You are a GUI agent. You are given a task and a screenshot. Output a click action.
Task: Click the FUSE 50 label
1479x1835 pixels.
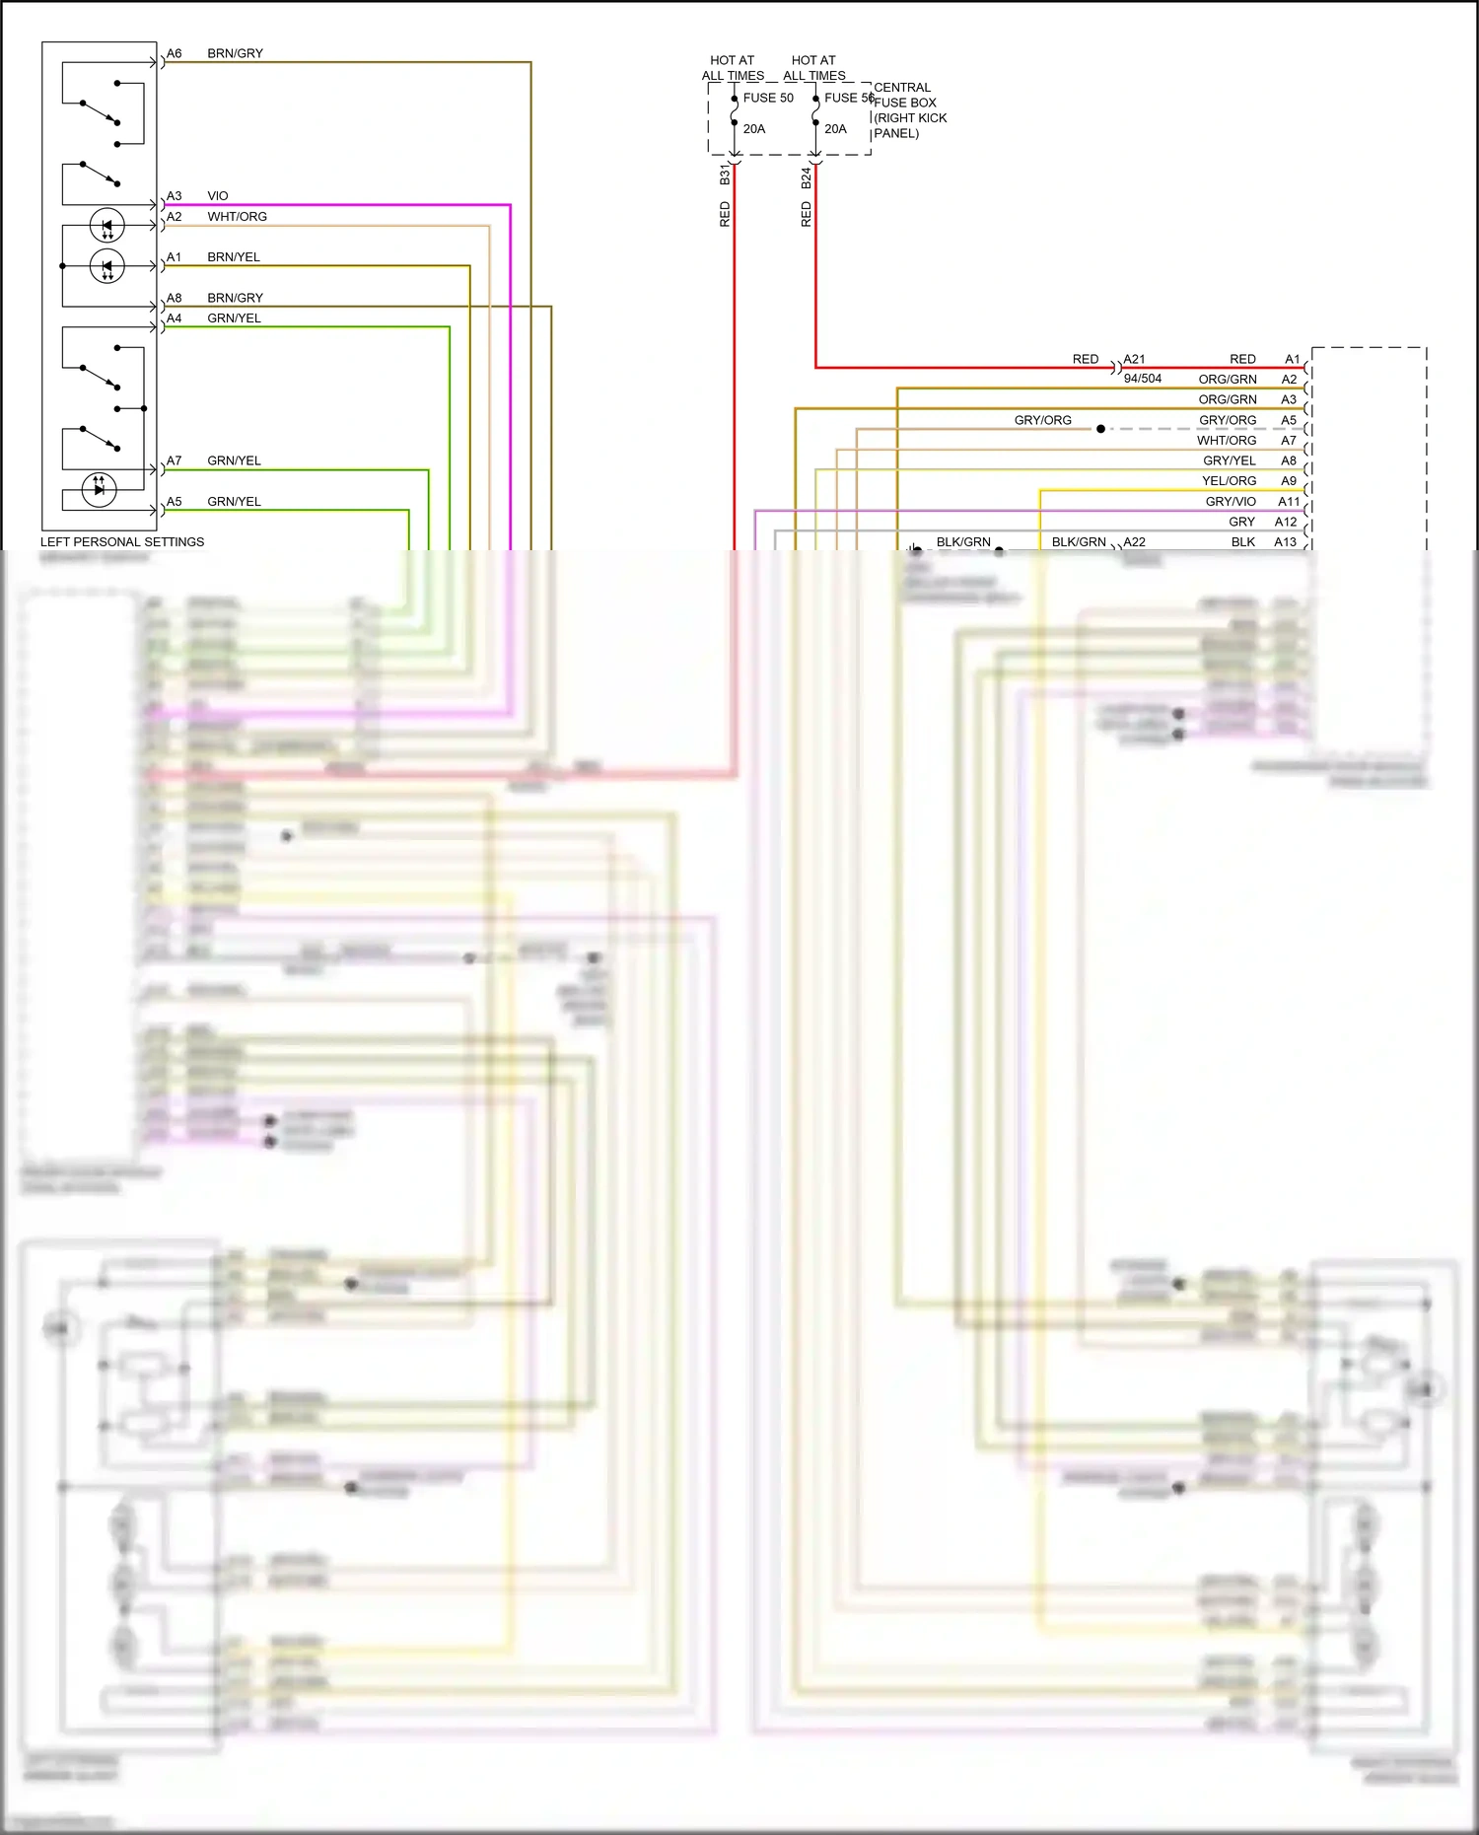[767, 98]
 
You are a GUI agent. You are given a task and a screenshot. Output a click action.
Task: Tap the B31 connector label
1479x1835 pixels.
[725, 176]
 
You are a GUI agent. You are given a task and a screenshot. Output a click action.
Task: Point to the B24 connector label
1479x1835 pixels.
[806, 177]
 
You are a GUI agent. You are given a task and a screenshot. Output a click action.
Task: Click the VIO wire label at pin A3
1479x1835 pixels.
[218, 196]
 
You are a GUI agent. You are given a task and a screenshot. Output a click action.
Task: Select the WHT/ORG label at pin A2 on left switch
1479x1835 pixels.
[237, 217]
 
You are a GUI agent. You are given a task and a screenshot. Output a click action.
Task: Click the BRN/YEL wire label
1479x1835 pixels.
[234, 257]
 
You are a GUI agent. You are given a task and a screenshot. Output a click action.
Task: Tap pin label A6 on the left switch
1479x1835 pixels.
[174, 53]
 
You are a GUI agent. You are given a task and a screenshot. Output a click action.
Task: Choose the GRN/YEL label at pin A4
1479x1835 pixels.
[234, 318]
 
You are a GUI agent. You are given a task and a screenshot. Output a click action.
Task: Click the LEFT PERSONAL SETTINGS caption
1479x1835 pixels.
[122, 542]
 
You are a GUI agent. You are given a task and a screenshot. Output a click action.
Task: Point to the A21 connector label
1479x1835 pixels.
[1135, 360]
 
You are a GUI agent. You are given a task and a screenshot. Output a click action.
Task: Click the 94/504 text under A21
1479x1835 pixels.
[1143, 379]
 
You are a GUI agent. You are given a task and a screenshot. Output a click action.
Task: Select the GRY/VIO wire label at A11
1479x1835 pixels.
[1231, 502]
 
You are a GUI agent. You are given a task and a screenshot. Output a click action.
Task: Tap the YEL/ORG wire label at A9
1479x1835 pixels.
[1229, 481]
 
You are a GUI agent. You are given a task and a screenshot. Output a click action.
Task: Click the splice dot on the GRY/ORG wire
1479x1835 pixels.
[1100, 429]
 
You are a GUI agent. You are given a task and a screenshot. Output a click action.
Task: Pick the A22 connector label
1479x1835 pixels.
[1135, 542]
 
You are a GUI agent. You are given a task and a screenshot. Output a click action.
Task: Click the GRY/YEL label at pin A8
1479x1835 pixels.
[1229, 460]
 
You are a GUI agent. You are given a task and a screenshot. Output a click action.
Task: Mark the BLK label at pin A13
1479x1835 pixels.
[1242, 542]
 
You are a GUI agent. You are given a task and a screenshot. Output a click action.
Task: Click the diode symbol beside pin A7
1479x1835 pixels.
[99, 488]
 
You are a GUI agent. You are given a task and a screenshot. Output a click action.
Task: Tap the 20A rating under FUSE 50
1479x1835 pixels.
[754, 129]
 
